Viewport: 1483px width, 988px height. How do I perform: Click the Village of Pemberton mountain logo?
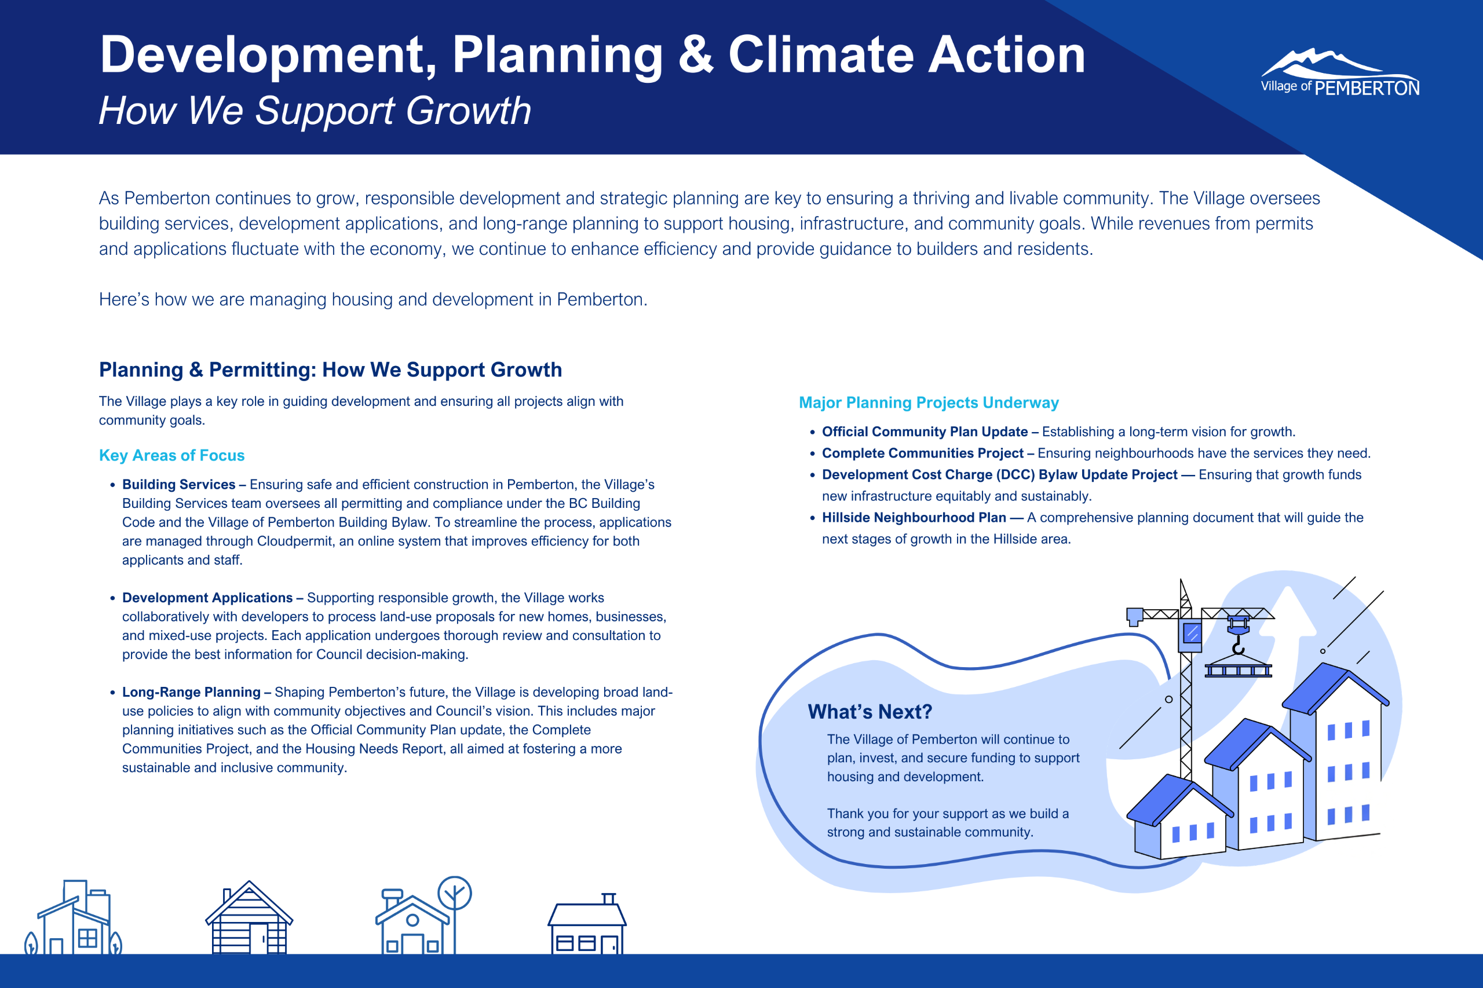(x=1340, y=72)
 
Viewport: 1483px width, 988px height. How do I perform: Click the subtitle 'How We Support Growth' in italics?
(x=315, y=111)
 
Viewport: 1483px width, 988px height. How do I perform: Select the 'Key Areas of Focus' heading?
(x=171, y=455)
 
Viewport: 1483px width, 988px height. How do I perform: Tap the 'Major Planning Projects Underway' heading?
(x=929, y=402)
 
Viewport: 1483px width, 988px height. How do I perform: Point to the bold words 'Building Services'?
(x=178, y=485)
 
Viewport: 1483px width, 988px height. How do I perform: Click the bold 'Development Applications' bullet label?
(x=207, y=598)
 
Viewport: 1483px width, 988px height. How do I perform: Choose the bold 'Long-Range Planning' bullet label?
(x=191, y=692)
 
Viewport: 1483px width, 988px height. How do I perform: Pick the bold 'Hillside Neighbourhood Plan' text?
(x=914, y=517)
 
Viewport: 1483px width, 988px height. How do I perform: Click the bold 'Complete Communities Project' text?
(x=923, y=453)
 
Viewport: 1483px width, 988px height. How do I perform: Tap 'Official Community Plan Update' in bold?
(x=925, y=431)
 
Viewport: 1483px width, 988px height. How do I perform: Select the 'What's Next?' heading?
(x=870, y=711)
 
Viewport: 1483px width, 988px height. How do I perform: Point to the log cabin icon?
(x=249, y=917)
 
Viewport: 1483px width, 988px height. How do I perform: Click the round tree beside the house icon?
(x=454, y=894)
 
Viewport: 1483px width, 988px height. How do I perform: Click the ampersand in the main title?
(x=696, y=55)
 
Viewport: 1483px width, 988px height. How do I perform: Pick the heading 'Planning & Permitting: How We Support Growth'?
(x=330, y=370)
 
